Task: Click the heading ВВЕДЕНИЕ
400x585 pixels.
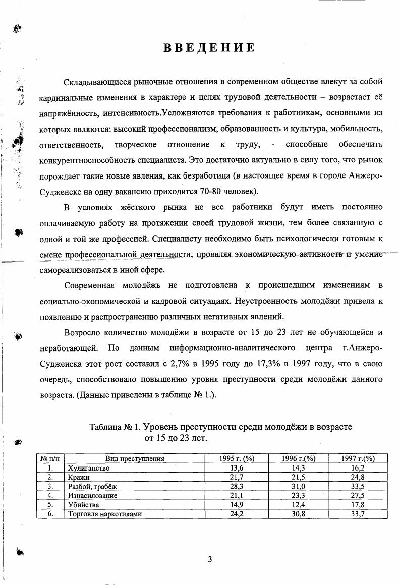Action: pos(209,48)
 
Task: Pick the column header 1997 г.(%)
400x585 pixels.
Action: pos(358,458)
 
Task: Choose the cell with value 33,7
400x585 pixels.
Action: pos(358,514)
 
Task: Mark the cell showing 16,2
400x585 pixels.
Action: pos(358,468)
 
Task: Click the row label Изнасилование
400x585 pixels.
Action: pos(92,496)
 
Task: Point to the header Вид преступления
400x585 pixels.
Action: pos(135,458)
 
